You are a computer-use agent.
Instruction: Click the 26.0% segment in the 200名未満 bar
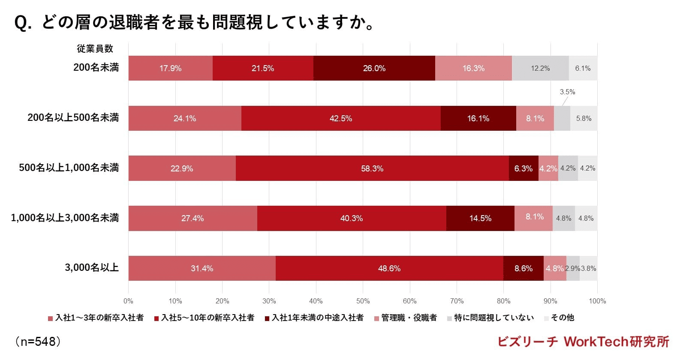[374, 68]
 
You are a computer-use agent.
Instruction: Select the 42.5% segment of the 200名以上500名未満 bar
[341, 118]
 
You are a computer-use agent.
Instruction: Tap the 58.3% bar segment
[372, 168]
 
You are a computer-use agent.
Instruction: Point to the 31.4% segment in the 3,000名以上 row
[202, 268]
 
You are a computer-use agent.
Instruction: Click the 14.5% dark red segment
[480, 218]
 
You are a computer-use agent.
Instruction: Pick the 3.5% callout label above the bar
[567, 92]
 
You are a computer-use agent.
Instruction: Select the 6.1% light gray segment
[583, 68]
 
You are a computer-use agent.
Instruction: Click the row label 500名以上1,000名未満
[69, 168]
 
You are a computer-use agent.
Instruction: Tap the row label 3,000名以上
[91, 268]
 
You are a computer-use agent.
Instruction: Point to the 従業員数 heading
[95, 48]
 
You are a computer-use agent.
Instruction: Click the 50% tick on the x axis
[363, 301]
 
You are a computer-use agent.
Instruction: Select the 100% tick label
[597, 301]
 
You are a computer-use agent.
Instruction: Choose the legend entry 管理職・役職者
[409, 318]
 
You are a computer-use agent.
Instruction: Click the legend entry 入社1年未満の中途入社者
[317, 318]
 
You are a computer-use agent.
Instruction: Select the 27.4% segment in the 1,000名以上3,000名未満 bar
[192, 218]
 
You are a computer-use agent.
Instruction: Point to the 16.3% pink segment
[473, 68]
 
